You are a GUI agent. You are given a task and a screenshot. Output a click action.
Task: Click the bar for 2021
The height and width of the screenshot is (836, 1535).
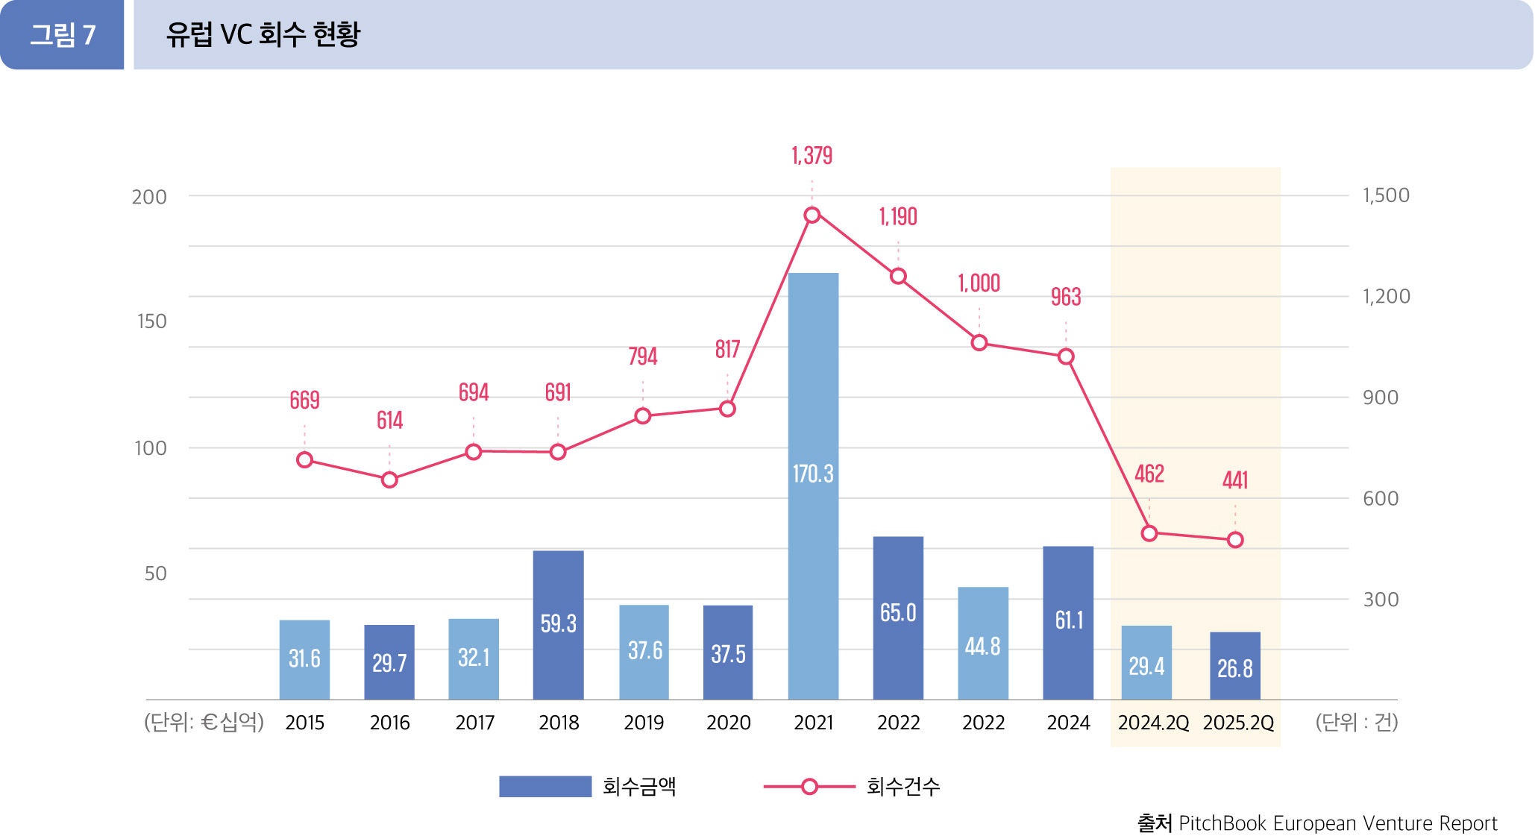[x=813, y=485]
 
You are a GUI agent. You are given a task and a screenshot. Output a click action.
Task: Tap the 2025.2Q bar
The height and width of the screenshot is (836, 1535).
[x=1234, y=665]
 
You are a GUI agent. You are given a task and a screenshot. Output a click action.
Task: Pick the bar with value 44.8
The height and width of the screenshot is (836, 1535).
[x=982, y=642]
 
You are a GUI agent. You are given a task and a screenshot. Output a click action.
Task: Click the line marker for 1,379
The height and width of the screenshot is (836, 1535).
[x=812, y=216]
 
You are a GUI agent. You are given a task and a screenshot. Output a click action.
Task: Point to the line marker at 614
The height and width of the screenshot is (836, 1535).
[x=389, y=480]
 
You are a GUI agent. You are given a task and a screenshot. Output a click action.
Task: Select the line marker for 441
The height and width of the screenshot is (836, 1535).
[x=1235, y=540]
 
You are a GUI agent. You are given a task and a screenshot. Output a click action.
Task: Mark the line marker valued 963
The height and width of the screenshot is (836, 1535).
[x=1066, y=357]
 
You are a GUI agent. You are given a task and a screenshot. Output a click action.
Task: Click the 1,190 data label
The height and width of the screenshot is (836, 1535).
[x=898, y=217]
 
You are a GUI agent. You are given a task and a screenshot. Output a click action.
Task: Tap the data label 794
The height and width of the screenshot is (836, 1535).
[x=642, y=356]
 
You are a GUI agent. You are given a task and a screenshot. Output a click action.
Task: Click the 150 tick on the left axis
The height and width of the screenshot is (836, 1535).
[x=151, y=321]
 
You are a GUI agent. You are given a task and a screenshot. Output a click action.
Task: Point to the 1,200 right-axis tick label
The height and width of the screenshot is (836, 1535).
[x=1386, y=297]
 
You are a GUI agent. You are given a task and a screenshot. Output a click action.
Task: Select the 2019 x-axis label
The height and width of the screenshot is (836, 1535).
[x=643, y=723]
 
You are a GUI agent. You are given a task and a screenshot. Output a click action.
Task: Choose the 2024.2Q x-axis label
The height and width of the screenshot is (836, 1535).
[x=1152, y=723]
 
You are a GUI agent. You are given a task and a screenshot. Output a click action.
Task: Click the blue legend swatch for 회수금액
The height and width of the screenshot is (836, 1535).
[x=544, y=787]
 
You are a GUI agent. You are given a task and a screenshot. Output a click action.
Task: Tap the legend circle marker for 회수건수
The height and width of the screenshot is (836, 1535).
[x=809, y=787]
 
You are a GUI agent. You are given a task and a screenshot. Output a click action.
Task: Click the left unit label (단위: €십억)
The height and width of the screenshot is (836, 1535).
[x=204, y=723]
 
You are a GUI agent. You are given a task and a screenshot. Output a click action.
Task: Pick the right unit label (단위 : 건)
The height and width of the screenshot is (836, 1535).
[x=1356, y=723]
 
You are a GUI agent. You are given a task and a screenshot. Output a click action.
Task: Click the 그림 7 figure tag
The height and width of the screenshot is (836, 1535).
[x=63, y=35]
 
